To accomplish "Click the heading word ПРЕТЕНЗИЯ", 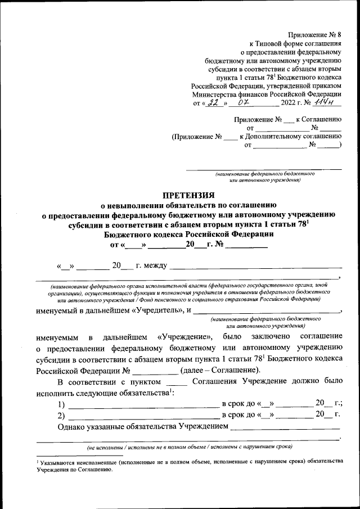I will [x=188, y=195].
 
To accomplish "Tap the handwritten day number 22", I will [x=212, y=102].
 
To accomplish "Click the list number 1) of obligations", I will [x=61, y=404].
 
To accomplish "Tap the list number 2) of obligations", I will [x=61, y=416].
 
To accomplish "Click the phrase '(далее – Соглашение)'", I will [x=220, y=370].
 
